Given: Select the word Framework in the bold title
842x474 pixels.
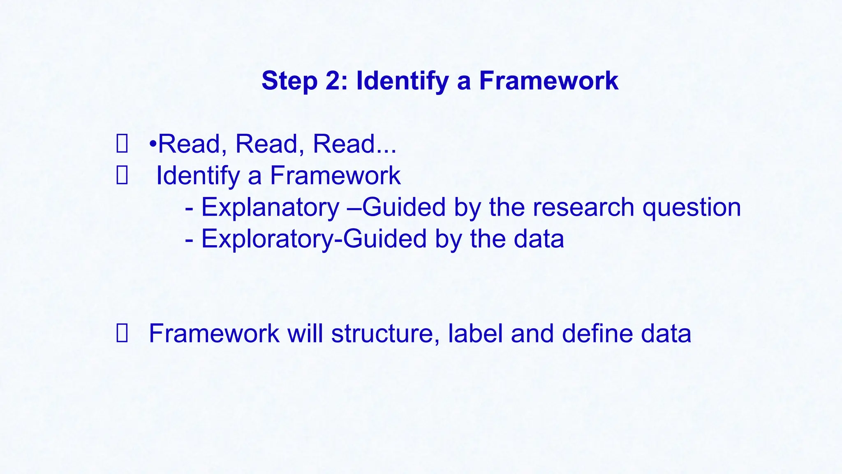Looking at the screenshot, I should [548, 81].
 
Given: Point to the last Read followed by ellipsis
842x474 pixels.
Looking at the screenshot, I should [344, 144].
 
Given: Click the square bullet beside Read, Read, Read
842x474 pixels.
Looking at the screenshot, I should [122, 144].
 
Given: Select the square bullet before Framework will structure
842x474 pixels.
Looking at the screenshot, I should [122, 334].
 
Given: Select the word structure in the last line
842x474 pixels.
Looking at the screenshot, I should [383, 333].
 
